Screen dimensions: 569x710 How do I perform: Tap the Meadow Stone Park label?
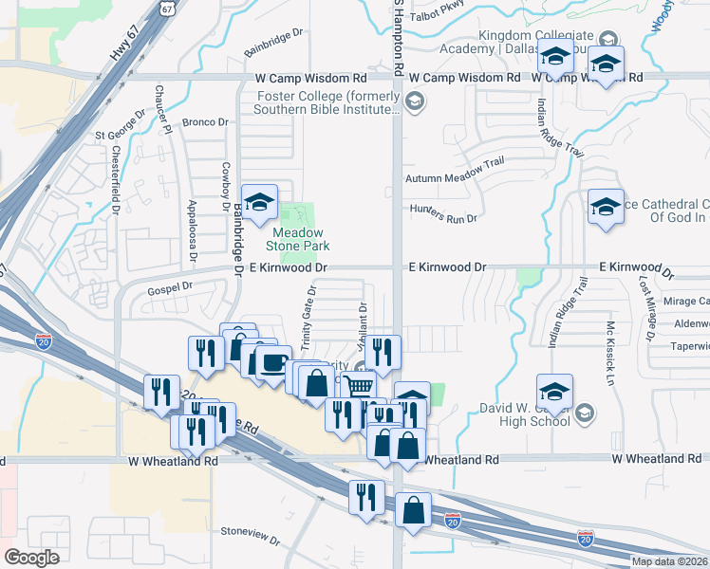coord(298,239)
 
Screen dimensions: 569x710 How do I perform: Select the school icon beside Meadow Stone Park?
coord(259,202)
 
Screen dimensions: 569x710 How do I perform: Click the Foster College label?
coord(327,101)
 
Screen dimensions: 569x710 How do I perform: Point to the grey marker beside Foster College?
coord(414,101)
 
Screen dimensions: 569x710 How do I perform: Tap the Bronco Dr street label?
coord(205,122)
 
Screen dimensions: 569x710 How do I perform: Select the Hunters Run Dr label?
coord(443,213)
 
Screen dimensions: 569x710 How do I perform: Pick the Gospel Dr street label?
coord(170,285)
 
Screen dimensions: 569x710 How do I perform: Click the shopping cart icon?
coord(358,387)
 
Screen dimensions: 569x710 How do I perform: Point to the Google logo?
coord(32,557)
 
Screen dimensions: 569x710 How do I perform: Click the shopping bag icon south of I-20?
coord(414,511)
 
